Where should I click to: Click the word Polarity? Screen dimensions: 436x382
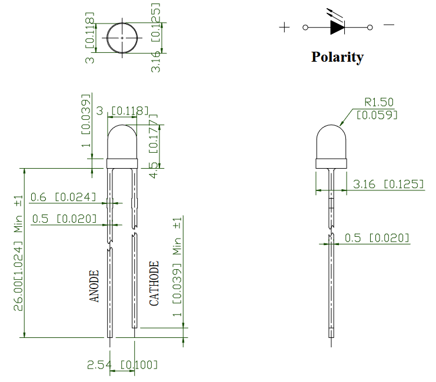pyautogui.click(x=337, y=57)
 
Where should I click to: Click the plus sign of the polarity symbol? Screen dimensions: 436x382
pyautogui.click(x=284, y=27)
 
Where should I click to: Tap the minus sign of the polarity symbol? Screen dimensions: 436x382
pyautogui.click(x=389, y=25)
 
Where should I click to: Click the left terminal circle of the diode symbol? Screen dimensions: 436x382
pyautogui.click(x=305, y=27)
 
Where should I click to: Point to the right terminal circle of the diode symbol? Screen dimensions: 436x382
pyautogui.click(x=370, y=27)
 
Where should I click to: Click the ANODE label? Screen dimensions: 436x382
pyautogui.click(x=94, y=286)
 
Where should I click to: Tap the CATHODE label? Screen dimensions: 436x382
pyautogui.click(x=154, y=283)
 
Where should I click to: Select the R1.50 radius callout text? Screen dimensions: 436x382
pyautogui.click(x=379, y=102)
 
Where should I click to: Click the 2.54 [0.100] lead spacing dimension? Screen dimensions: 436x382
pyautogui.click(x=122, y=364)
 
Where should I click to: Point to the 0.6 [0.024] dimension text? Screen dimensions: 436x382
pyautogui.click(x=63, y=197)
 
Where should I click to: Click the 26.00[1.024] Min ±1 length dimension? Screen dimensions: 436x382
pyautogui.click(x=18, y=253)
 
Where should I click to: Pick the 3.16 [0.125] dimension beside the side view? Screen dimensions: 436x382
pyautogui.click(x=388, y=184)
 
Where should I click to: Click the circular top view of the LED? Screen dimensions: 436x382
pyautogui.click(x=122, y=38)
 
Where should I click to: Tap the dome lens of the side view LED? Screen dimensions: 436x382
pyautogui.click(x=331, y=142)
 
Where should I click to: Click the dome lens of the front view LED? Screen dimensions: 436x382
pyautogui.click(x=122, y=142)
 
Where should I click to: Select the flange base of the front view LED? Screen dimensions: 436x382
pyautogui.click(x=122, y=163)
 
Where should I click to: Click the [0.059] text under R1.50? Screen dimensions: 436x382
pyautogui.click(x=377, y=115)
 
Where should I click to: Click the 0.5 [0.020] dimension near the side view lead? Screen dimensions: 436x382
pyautogui.click(x=377, y=238)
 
